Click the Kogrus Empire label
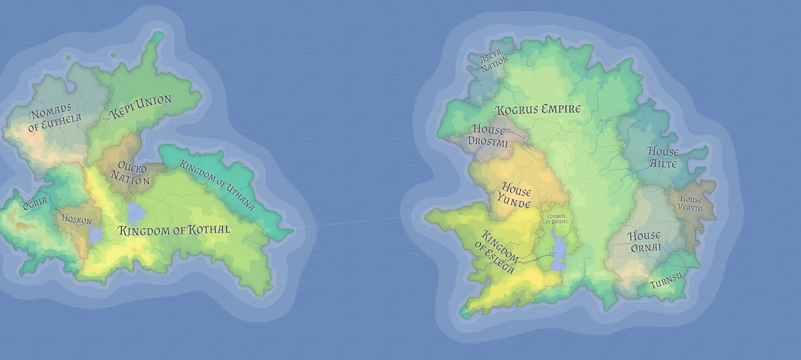pos(538,109)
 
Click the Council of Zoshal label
pos(557,219)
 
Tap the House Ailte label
pos(663,158)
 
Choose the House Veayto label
pos(691,203)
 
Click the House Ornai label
pos(645,241)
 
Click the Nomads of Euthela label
pos(55,120)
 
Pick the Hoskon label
pos(77,218)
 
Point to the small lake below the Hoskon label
pos(95,235)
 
